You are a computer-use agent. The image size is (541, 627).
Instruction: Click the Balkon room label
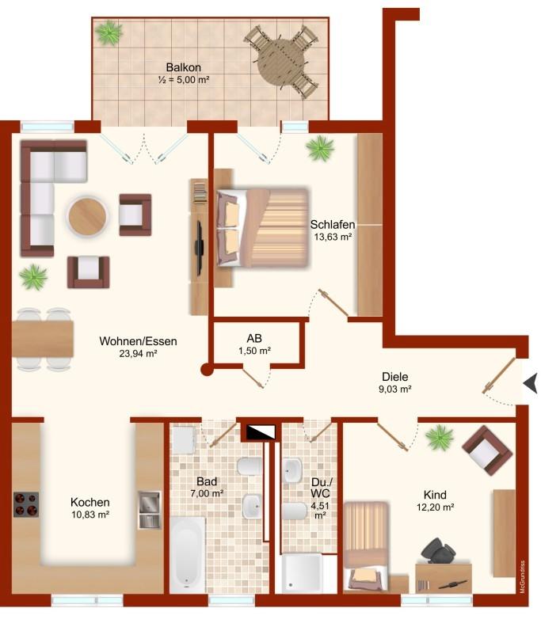point(183,67)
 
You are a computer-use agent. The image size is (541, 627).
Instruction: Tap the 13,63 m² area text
point(333,237)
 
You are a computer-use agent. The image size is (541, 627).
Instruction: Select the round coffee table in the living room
point(87,216)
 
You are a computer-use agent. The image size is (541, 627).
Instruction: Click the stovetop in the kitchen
point(26,504)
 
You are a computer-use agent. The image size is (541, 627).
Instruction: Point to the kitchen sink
point(150,510)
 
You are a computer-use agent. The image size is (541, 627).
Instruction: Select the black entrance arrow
point(530,383)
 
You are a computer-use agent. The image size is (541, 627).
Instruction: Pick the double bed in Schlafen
point(263,227)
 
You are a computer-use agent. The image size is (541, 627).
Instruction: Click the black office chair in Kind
point(438,551)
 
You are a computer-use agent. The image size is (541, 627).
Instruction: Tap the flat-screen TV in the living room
point(199,249)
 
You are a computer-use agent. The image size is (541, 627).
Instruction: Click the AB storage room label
point(254,338)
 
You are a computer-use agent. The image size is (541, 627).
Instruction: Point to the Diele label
point(395,376)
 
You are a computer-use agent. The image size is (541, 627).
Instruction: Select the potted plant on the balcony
point(109,33)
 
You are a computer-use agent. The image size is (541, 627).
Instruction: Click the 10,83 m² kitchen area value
point(90,515)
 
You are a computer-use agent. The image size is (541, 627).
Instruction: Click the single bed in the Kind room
point(366,546)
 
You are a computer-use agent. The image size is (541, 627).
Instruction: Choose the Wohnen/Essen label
point(138,341)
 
